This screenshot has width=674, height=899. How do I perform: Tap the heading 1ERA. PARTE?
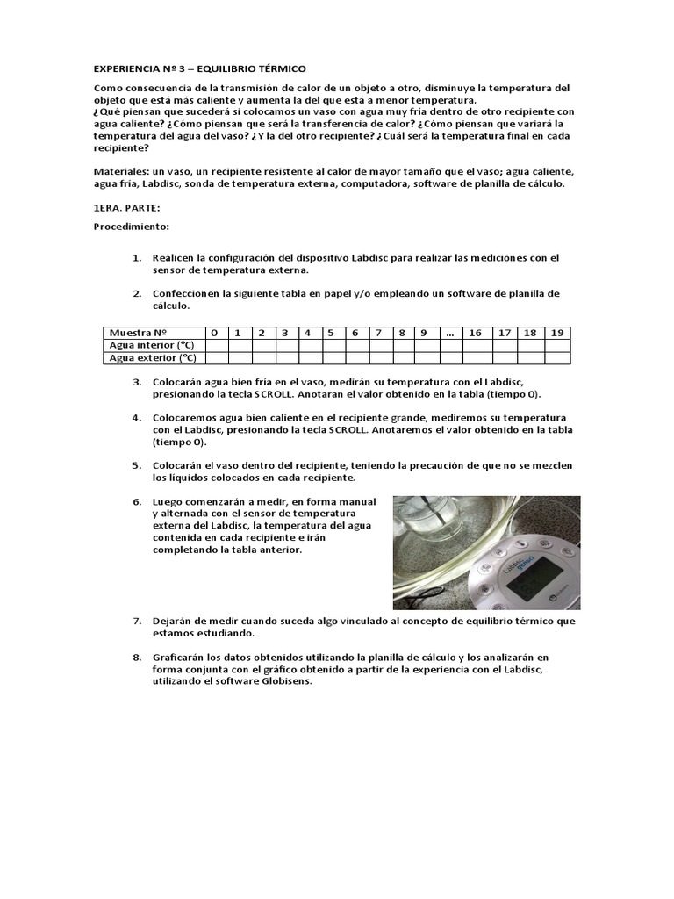(127, 207)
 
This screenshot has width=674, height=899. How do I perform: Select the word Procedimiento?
(131, 227)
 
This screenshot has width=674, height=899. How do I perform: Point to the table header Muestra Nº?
(138, 333)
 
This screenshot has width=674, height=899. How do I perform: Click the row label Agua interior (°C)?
(150, 345)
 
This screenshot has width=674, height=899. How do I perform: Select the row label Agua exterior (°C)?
(152, 357)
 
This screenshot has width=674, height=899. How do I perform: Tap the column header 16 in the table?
(475, 333)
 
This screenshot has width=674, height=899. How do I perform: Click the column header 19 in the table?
(556, 333)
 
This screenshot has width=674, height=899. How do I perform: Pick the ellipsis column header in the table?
(449, 333)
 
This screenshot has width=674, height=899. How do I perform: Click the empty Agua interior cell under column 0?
(215, 345)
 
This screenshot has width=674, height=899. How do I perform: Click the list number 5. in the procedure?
(137, 465)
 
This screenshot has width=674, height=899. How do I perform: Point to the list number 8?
(137, 657)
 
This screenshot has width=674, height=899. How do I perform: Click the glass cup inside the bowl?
(434, 527)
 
